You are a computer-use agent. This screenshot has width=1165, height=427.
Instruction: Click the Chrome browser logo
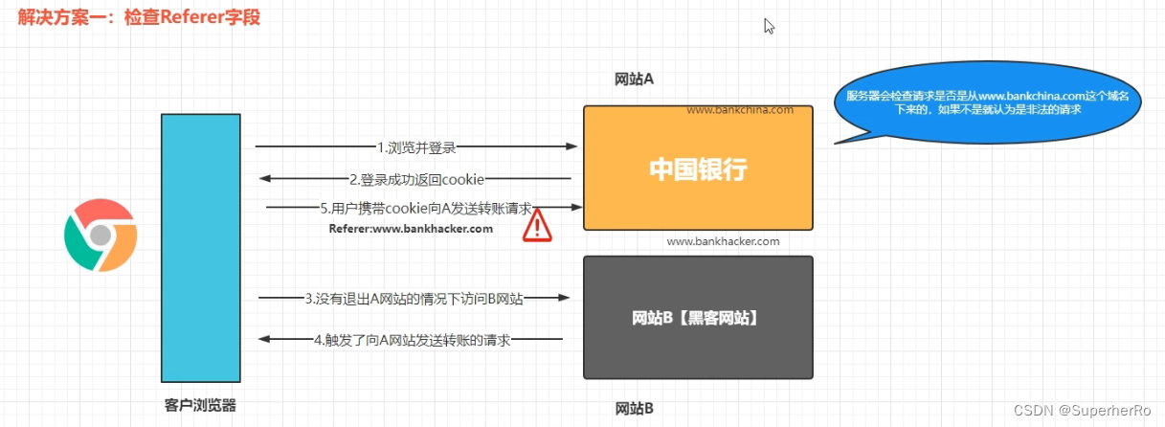click(x=101, y=236)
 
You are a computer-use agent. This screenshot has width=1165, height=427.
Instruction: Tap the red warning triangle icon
click(x=538, y=226)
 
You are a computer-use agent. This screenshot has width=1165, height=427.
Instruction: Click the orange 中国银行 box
click(x=698, y=169)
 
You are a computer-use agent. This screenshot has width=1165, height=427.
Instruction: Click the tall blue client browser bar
click(x=200, y=248)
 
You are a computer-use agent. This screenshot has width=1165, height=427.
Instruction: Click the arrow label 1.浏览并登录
click(x=416, y=147)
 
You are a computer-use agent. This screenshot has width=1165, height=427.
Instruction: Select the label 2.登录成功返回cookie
click(x=416, y=179)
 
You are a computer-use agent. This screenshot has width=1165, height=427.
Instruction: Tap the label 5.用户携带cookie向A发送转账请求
click(x=426, y=208)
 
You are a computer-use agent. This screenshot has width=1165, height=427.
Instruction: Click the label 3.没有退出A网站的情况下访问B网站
click(x=414, y=299)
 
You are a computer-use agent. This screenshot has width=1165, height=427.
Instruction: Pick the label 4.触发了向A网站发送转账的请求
click(x=411, y=339)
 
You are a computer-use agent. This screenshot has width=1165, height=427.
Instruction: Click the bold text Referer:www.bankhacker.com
click(x=411, y=229)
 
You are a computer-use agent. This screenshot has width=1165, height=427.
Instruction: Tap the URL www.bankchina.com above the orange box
click(x=740, y=109)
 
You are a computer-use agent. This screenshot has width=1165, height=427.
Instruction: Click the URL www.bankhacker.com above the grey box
click(x=723, y=241)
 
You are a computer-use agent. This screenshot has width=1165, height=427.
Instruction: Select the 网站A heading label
click(x=634, y=79)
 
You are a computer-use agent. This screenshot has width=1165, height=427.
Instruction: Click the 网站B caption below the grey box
click(x=634, y=409)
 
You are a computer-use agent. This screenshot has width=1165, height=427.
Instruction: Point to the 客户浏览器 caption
click(x=200, y=405)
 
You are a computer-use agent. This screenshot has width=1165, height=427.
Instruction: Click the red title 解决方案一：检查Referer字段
click(x=139, y=17)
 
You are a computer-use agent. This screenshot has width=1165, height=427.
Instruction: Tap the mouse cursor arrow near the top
click(x=769, y=26)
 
